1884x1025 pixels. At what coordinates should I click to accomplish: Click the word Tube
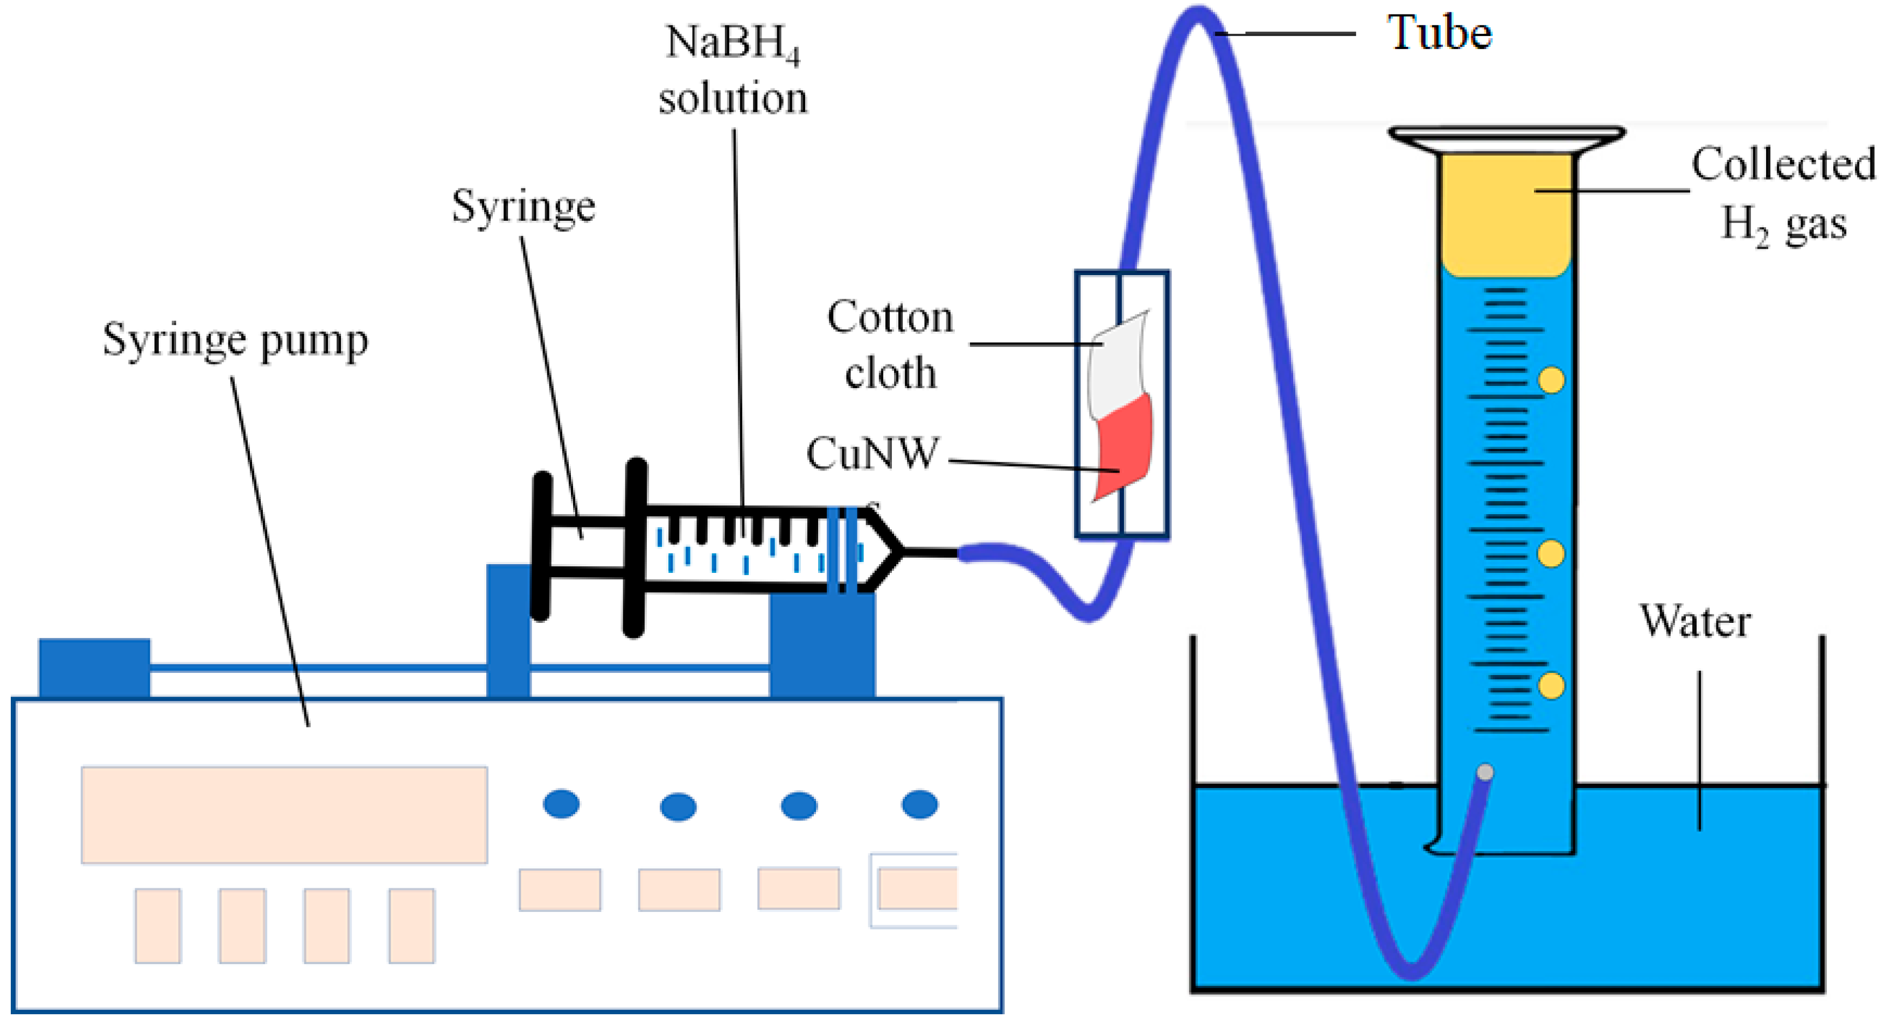(1439, 33)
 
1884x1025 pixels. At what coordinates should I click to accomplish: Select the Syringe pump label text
(235, 341)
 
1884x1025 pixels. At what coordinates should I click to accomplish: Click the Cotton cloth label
(890, 345)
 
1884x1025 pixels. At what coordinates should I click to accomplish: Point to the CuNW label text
(872, 453)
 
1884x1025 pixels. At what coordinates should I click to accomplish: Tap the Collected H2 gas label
(1783, 194)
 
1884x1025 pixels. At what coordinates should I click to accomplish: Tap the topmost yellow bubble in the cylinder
(1551, 380)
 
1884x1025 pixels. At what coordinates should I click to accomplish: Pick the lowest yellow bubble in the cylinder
(1551, 686)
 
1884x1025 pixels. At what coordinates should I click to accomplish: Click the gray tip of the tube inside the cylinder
(1485, 772)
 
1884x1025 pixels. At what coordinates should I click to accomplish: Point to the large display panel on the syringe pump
(284, 815)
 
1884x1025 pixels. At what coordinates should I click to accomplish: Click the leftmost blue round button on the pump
(561, 804)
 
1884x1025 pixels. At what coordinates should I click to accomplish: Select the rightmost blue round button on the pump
(919, 804)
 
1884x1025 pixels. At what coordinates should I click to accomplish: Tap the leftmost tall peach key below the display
(157, 925)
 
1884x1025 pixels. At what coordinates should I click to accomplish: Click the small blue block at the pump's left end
(94, 668)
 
